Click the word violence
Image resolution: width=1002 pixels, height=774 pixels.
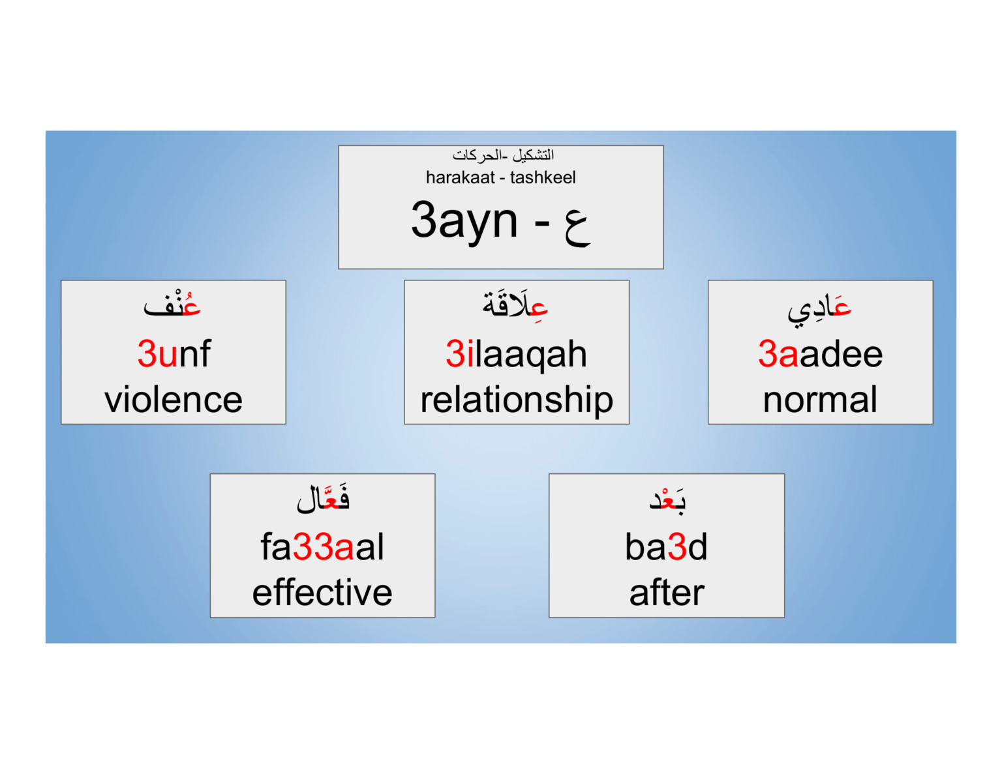coord(174,399)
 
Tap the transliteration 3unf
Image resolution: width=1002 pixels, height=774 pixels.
coord(174,354)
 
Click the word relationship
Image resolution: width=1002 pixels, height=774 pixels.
coord(517,400)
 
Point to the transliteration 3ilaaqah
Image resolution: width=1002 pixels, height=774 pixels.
coord(516,354)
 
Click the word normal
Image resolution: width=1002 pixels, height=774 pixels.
coord(820,400)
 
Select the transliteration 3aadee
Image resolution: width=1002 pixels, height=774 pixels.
coord(820,354)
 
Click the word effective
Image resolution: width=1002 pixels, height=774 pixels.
coord(322,592)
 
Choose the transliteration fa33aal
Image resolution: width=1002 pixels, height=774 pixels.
coord(322,546)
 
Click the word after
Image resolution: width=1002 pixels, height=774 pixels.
coord(667,592)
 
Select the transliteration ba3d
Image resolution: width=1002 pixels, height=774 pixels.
coord(666,546)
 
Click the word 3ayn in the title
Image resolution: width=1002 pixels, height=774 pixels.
coord(464,220)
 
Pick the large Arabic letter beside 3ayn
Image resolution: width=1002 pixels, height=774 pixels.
coord(577,226)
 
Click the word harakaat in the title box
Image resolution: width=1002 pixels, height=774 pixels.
coord(460,177)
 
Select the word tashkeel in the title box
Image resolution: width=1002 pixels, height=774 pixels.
coord(543,177)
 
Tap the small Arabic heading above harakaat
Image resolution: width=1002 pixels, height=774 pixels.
coord(503,155)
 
